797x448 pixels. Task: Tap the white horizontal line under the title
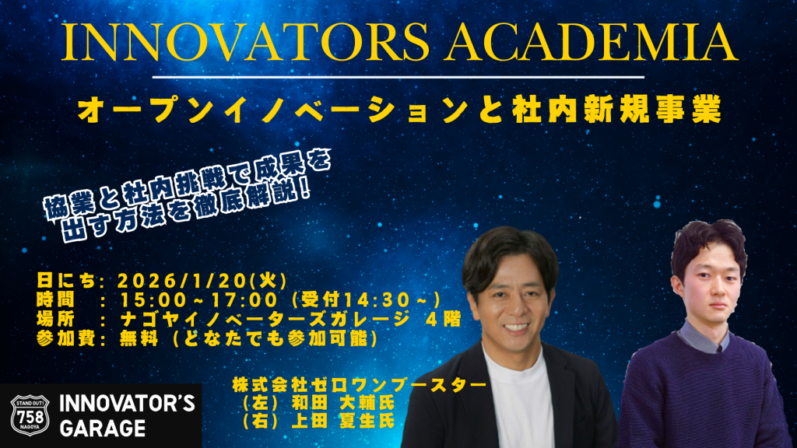click(398, 77)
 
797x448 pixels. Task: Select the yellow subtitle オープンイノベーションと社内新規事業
click(398, 110)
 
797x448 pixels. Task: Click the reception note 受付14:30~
click(366, 299)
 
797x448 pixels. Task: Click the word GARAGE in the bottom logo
click(102, 428)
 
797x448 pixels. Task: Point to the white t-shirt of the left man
click(514, 404)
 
